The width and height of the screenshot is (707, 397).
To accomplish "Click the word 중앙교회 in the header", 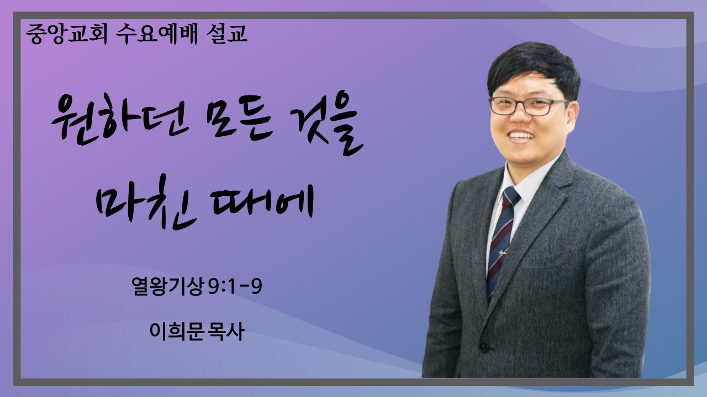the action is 67,34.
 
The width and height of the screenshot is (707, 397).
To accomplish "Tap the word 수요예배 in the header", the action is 156,34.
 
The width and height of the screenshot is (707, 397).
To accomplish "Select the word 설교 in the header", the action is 226,34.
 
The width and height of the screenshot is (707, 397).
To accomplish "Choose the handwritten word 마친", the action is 146,202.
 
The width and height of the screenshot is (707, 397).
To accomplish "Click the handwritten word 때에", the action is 263,202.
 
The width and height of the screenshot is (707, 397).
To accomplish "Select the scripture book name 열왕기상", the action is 167,286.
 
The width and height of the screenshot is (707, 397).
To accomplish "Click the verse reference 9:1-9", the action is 235,286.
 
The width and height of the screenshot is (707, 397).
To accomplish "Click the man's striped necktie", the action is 502,239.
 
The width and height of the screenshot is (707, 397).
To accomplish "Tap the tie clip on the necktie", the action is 502,252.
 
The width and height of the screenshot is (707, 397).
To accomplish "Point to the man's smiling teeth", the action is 522,136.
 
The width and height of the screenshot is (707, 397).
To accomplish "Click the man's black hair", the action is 534,69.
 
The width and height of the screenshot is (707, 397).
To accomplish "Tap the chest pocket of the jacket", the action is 546,261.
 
